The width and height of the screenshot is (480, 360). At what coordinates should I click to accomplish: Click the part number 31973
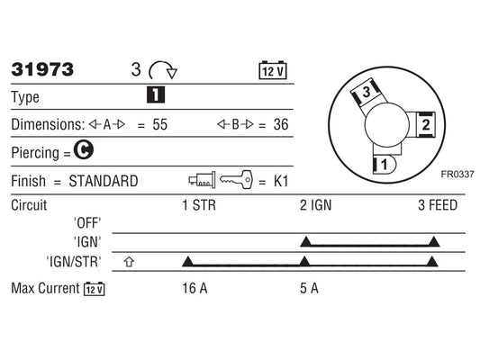click(42, 69)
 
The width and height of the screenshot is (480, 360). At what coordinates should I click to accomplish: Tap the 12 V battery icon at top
click(273, 70)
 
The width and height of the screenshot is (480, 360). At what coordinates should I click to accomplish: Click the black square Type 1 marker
click(156, 94)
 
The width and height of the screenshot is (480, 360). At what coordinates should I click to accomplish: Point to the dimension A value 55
click(159, 125)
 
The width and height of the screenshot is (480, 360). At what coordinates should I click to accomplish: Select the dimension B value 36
click(281, 125)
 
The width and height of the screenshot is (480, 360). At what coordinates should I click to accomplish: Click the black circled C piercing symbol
click(84, 149)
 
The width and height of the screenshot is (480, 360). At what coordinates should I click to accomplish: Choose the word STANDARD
click(104, 181)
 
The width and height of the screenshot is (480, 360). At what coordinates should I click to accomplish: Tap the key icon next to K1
click(237, 179)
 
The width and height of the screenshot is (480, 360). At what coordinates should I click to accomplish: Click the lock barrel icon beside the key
click(202, 180)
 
